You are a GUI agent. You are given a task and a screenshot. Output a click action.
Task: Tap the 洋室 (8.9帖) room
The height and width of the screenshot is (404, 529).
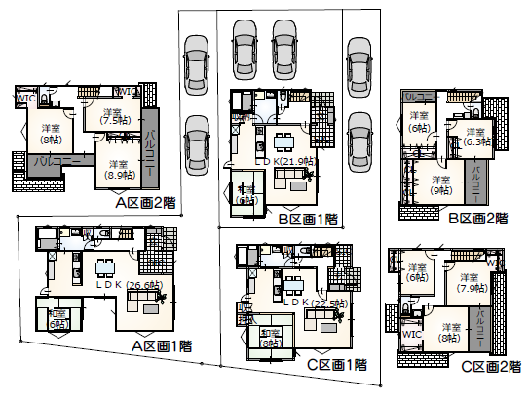(119, 170)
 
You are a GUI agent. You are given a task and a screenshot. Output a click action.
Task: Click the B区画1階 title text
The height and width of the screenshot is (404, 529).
(310, 220)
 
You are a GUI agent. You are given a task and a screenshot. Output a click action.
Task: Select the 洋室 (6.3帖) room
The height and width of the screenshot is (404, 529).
(475, 137)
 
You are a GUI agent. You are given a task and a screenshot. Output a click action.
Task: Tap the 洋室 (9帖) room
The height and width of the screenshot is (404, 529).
(440, 185)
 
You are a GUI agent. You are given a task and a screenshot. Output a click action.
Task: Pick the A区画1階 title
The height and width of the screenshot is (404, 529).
(162, 345)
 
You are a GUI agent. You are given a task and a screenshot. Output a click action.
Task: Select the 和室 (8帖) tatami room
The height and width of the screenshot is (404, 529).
(271, 338)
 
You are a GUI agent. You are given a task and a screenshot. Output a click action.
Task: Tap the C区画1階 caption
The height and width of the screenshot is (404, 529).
(336, 365)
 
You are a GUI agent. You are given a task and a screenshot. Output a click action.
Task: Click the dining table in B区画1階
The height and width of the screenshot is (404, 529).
(283, 138)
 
